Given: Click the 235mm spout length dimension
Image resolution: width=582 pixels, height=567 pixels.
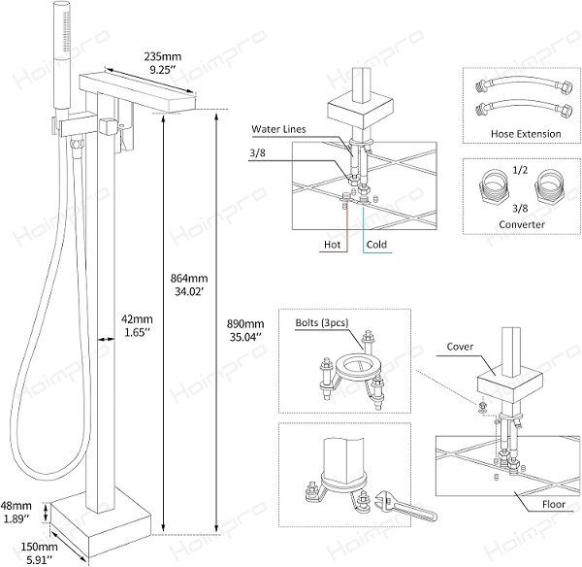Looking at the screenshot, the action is point(163,63).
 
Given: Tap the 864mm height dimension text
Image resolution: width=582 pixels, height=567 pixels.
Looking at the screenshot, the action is point(189,284).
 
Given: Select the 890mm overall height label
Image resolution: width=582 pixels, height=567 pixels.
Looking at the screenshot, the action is point(245,330).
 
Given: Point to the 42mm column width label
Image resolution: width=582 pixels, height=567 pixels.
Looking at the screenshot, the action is point(138,325).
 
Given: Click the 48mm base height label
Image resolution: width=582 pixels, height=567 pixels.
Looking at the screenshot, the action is point(16,512).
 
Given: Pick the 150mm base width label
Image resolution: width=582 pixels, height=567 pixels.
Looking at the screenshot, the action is point(39,552).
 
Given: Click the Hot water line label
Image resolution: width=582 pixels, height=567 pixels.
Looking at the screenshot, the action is point(332,245).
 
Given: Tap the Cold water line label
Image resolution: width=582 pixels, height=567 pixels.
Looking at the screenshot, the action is point(376,245).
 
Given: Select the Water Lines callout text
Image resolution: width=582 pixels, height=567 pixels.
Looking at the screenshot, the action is point(278,129).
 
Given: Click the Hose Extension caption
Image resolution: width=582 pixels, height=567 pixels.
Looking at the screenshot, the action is point(526,134).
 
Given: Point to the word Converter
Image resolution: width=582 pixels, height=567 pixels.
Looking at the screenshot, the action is point(522,224).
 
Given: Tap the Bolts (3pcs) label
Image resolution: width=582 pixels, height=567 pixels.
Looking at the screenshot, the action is point(322,322).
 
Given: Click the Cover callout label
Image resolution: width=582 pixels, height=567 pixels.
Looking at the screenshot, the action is point(460,347).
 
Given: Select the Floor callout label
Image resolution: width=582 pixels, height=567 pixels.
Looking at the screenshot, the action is point(554,504).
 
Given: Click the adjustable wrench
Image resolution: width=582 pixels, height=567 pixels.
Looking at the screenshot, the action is point(406,506).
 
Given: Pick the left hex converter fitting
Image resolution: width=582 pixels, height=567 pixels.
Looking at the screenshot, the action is point(493,185).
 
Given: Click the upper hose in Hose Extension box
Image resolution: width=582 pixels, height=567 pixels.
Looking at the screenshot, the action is point(525,86).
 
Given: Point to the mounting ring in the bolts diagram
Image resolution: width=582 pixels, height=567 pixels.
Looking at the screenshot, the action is point(358,366).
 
